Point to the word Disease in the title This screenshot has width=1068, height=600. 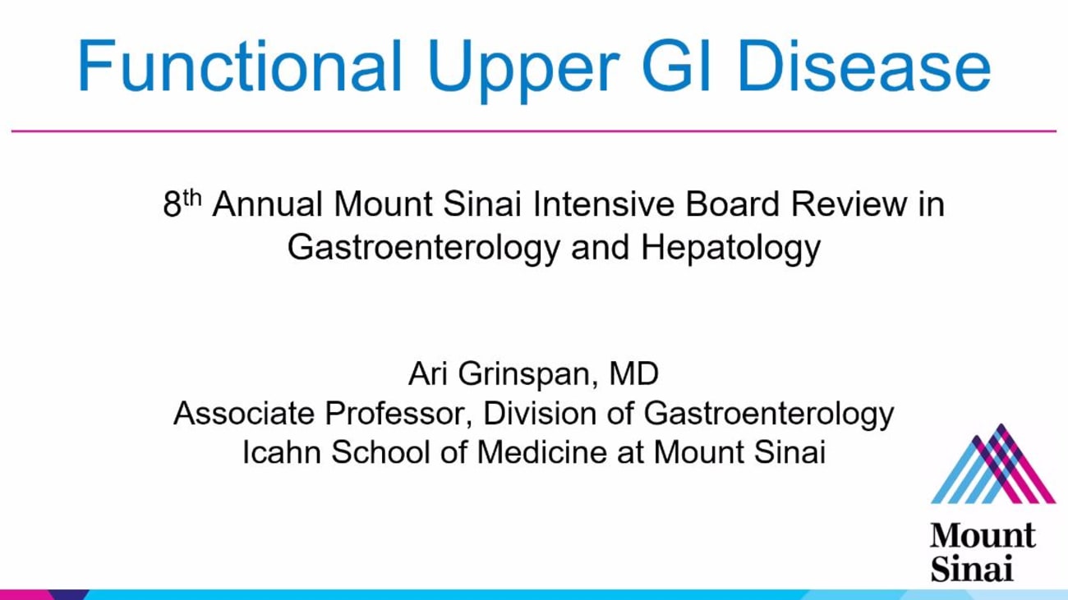[863, 66]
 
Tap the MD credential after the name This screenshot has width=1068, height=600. [633, 374]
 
